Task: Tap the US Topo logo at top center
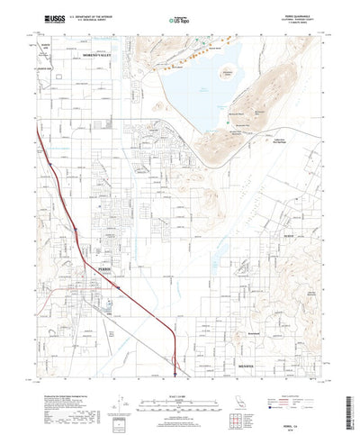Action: click(x=174, y=18)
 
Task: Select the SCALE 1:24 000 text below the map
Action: click(x=179, y=372)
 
